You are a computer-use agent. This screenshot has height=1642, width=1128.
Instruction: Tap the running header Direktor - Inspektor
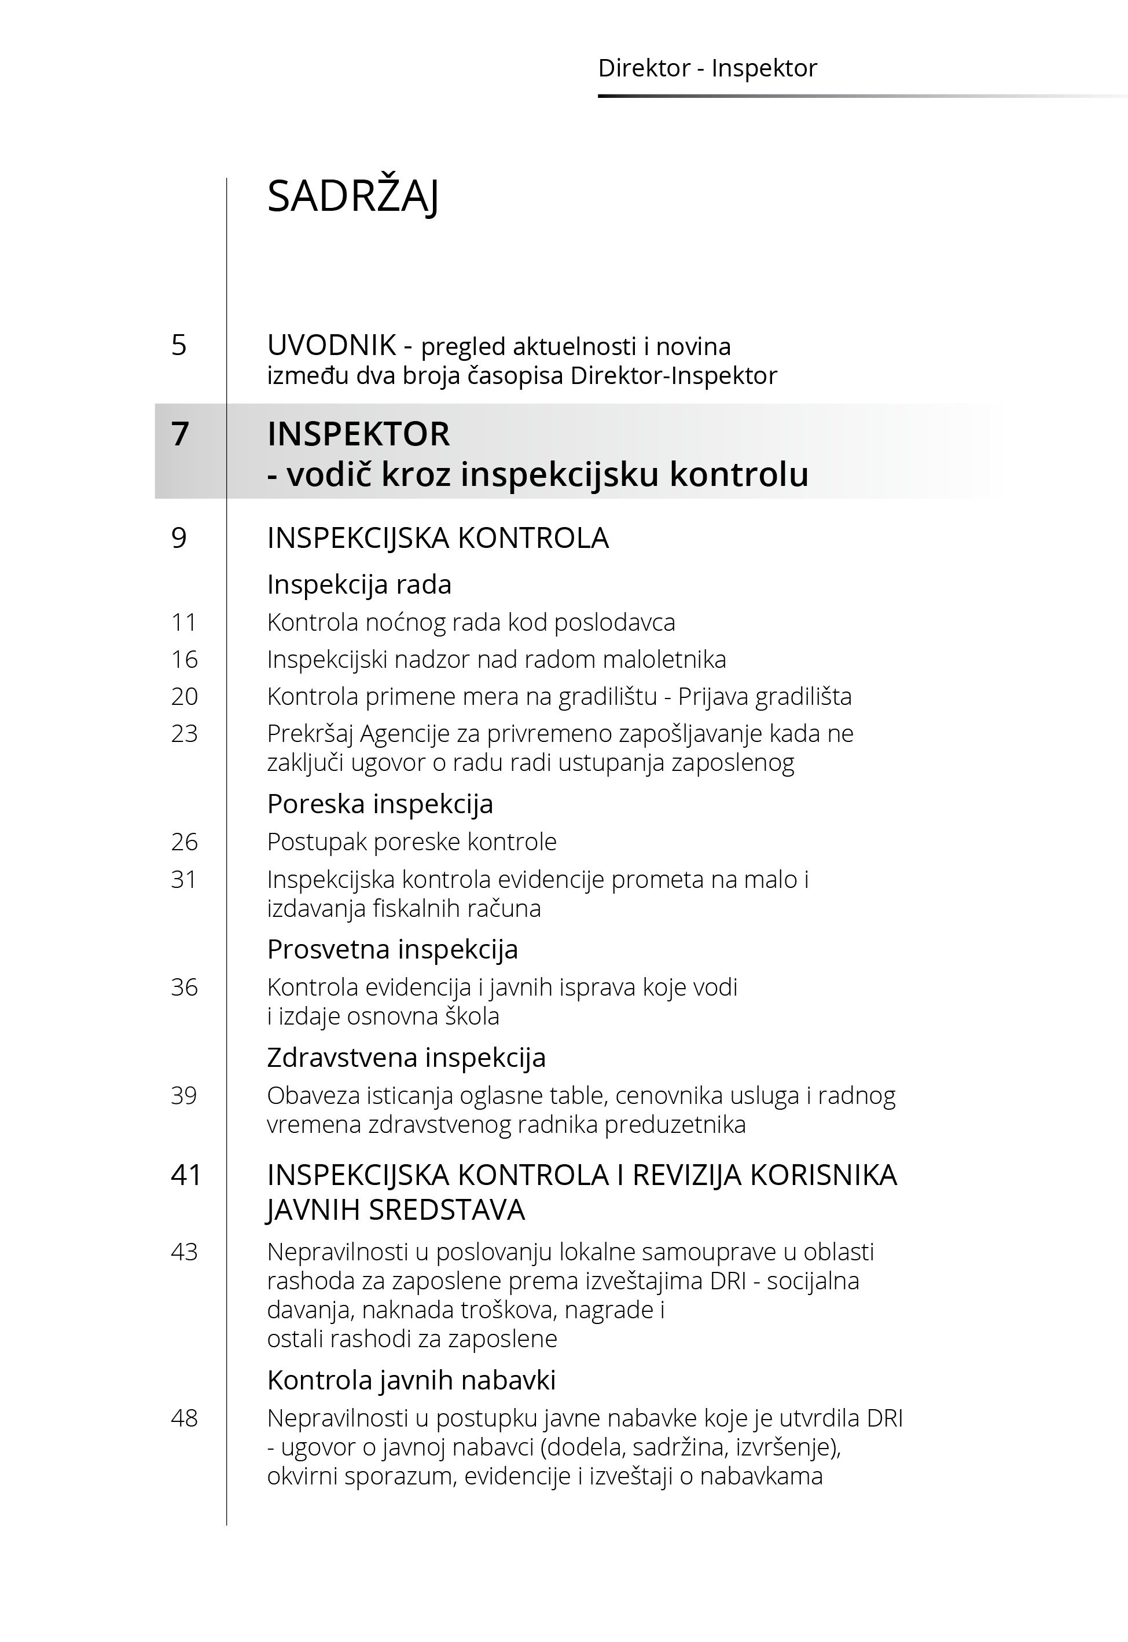coord(707,68)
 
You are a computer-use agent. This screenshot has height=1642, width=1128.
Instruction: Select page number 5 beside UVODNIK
coord(179,345)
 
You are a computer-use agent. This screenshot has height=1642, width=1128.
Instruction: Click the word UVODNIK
coord(331,345)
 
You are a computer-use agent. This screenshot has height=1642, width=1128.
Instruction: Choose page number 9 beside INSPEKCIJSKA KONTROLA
coord(179,538)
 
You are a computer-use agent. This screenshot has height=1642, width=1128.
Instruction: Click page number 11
coord(184,622)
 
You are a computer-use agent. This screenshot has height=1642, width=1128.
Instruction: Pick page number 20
coord(184,697)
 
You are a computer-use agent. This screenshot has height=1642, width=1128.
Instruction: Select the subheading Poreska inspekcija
coord(380,803)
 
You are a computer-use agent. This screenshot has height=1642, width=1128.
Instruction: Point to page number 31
coord(184,879)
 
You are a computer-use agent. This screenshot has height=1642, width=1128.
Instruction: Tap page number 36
coord(184,986)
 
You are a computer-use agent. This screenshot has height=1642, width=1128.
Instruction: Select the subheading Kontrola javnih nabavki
coord(411,1380)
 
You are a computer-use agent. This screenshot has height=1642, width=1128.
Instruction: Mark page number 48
coord(184,1418)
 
